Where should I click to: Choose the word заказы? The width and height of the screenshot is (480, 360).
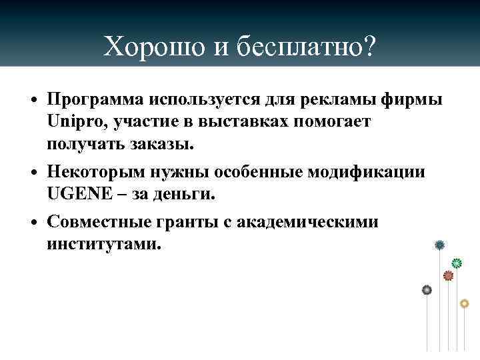pyautogui.click(x=160, y=143)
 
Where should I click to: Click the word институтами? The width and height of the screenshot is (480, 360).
pyautogui.click(x=102, y=243)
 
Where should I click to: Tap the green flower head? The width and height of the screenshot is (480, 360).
pyautogui.click(x=457, y=263)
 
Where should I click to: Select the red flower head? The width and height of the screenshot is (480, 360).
pyautogui.click(x=448, y=275)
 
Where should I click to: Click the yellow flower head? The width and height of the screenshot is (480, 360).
pyautogui.click(x=465, y=303)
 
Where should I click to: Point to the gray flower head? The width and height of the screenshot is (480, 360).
pyautogui.click(x=427, y=289)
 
